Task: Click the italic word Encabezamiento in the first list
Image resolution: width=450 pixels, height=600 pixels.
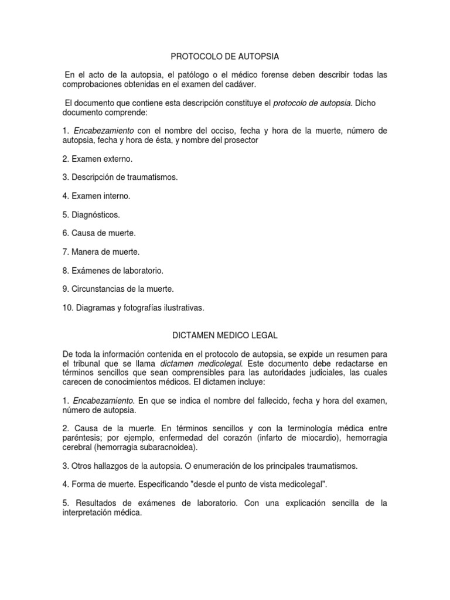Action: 104,131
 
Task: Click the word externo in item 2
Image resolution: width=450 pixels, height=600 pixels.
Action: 117,159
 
